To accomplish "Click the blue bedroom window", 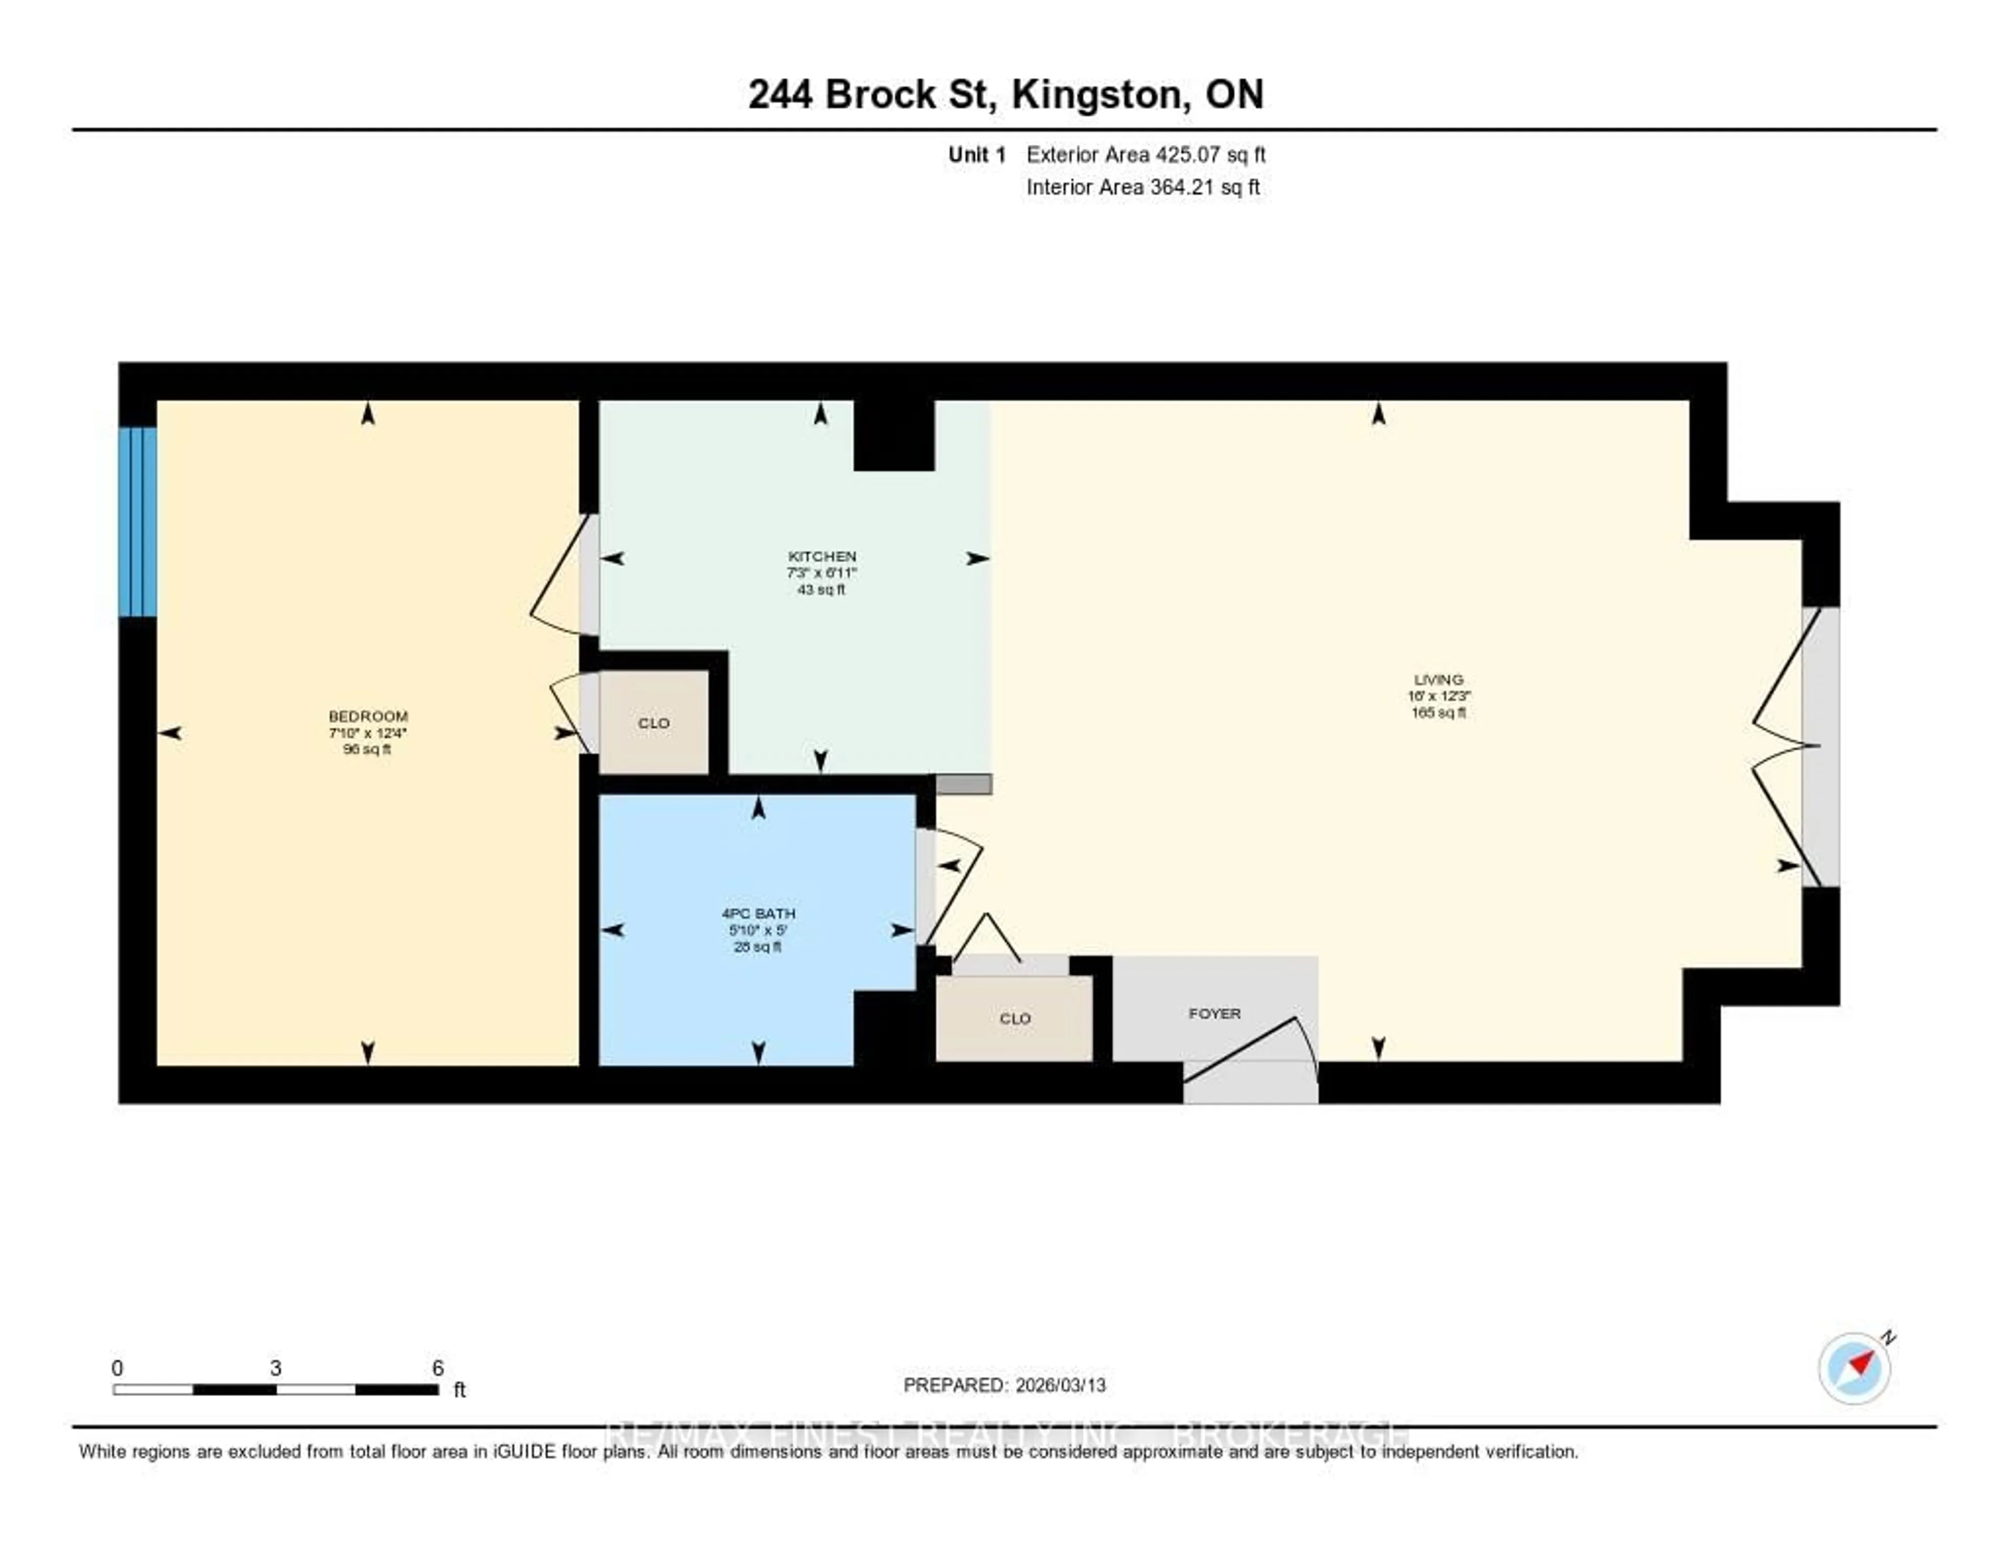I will [137, 521].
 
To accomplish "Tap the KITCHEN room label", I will [821, 557].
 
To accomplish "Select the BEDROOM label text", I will [368, 716].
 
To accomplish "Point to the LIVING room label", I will [1439, 680].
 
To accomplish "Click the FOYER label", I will [1214, 1013].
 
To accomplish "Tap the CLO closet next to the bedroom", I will [654, 723].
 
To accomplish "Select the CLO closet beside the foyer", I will [1014, 1018].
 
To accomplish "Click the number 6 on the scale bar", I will [438, 1368].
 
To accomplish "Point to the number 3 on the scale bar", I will [275, 1368].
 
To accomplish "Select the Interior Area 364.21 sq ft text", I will [1143, 188].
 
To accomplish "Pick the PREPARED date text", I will [1004, 1385].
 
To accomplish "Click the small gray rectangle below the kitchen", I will [963, 784].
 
